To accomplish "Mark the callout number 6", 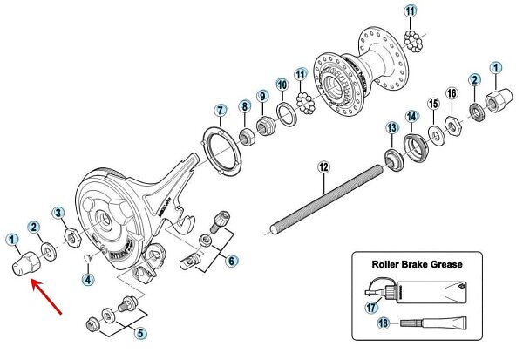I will coord(231,261).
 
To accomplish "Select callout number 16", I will coord(451,93).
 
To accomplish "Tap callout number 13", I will coord(391,128).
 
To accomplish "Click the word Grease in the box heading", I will coord(442,262).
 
